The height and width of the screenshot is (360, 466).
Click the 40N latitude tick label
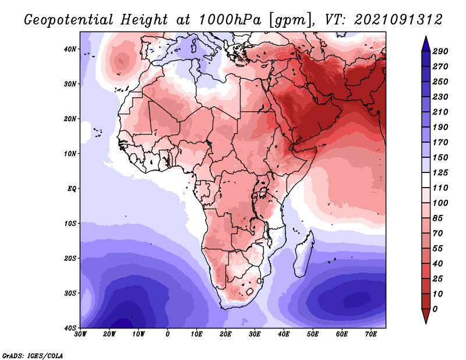click(x=70, y=49)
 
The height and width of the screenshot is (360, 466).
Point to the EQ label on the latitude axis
click(x=72, y=189)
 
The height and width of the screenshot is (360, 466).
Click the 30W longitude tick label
click(x=80, y=334)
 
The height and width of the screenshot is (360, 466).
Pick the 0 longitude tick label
click(x=168, y=334)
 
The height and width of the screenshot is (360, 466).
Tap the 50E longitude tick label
click(x=313, y=334)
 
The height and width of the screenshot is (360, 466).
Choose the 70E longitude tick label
click(x=371, y=334)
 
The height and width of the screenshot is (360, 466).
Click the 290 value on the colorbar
click(x=440, y=51)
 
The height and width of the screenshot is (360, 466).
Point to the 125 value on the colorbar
click(x=440, y=172)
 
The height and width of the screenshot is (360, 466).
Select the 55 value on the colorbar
click(x=438, y=249)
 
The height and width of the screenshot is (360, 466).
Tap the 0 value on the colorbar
click(x=435, y=309)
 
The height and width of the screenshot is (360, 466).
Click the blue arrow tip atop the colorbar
click(x=426, y=37)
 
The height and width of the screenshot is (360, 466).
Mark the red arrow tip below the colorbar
click(x=426, y=323)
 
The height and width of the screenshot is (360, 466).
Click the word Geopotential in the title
click(x=69, y=20)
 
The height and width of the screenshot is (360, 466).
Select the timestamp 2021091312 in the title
click(x=398, y=20)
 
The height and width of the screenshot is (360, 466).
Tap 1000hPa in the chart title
click(x=230, y=20)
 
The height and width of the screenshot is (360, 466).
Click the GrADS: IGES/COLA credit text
click(x=33, y=355)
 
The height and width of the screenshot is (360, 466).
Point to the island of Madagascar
click(x=303, y=253)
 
